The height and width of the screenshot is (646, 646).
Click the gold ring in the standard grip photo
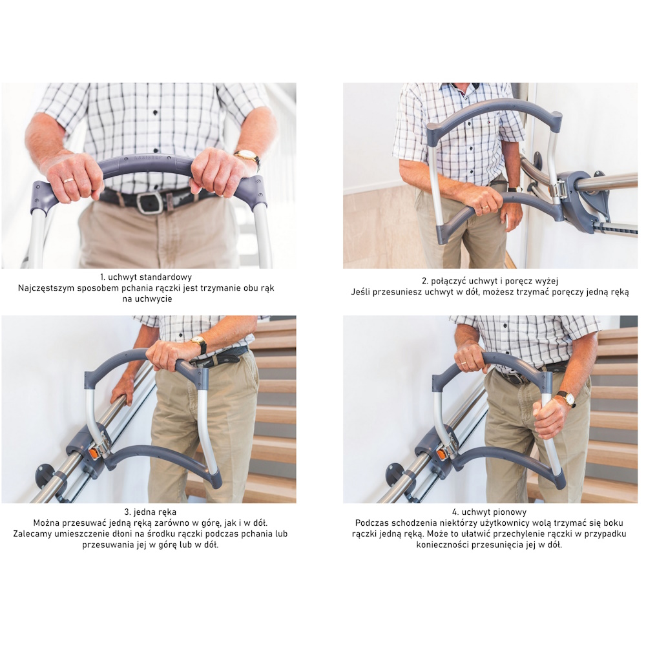pos(69,180)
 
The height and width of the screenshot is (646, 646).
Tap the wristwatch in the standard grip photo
pos(247,157)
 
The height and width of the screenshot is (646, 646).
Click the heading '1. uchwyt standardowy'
pos(146,277)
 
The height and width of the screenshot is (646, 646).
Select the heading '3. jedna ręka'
pos(150,512)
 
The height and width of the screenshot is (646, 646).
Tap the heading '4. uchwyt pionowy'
pos(489,512)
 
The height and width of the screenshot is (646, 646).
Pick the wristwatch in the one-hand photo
pos(199,344)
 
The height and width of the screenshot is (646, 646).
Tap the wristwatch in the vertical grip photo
pos(567,399)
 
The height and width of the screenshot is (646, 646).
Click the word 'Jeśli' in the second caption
pos(361,292)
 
